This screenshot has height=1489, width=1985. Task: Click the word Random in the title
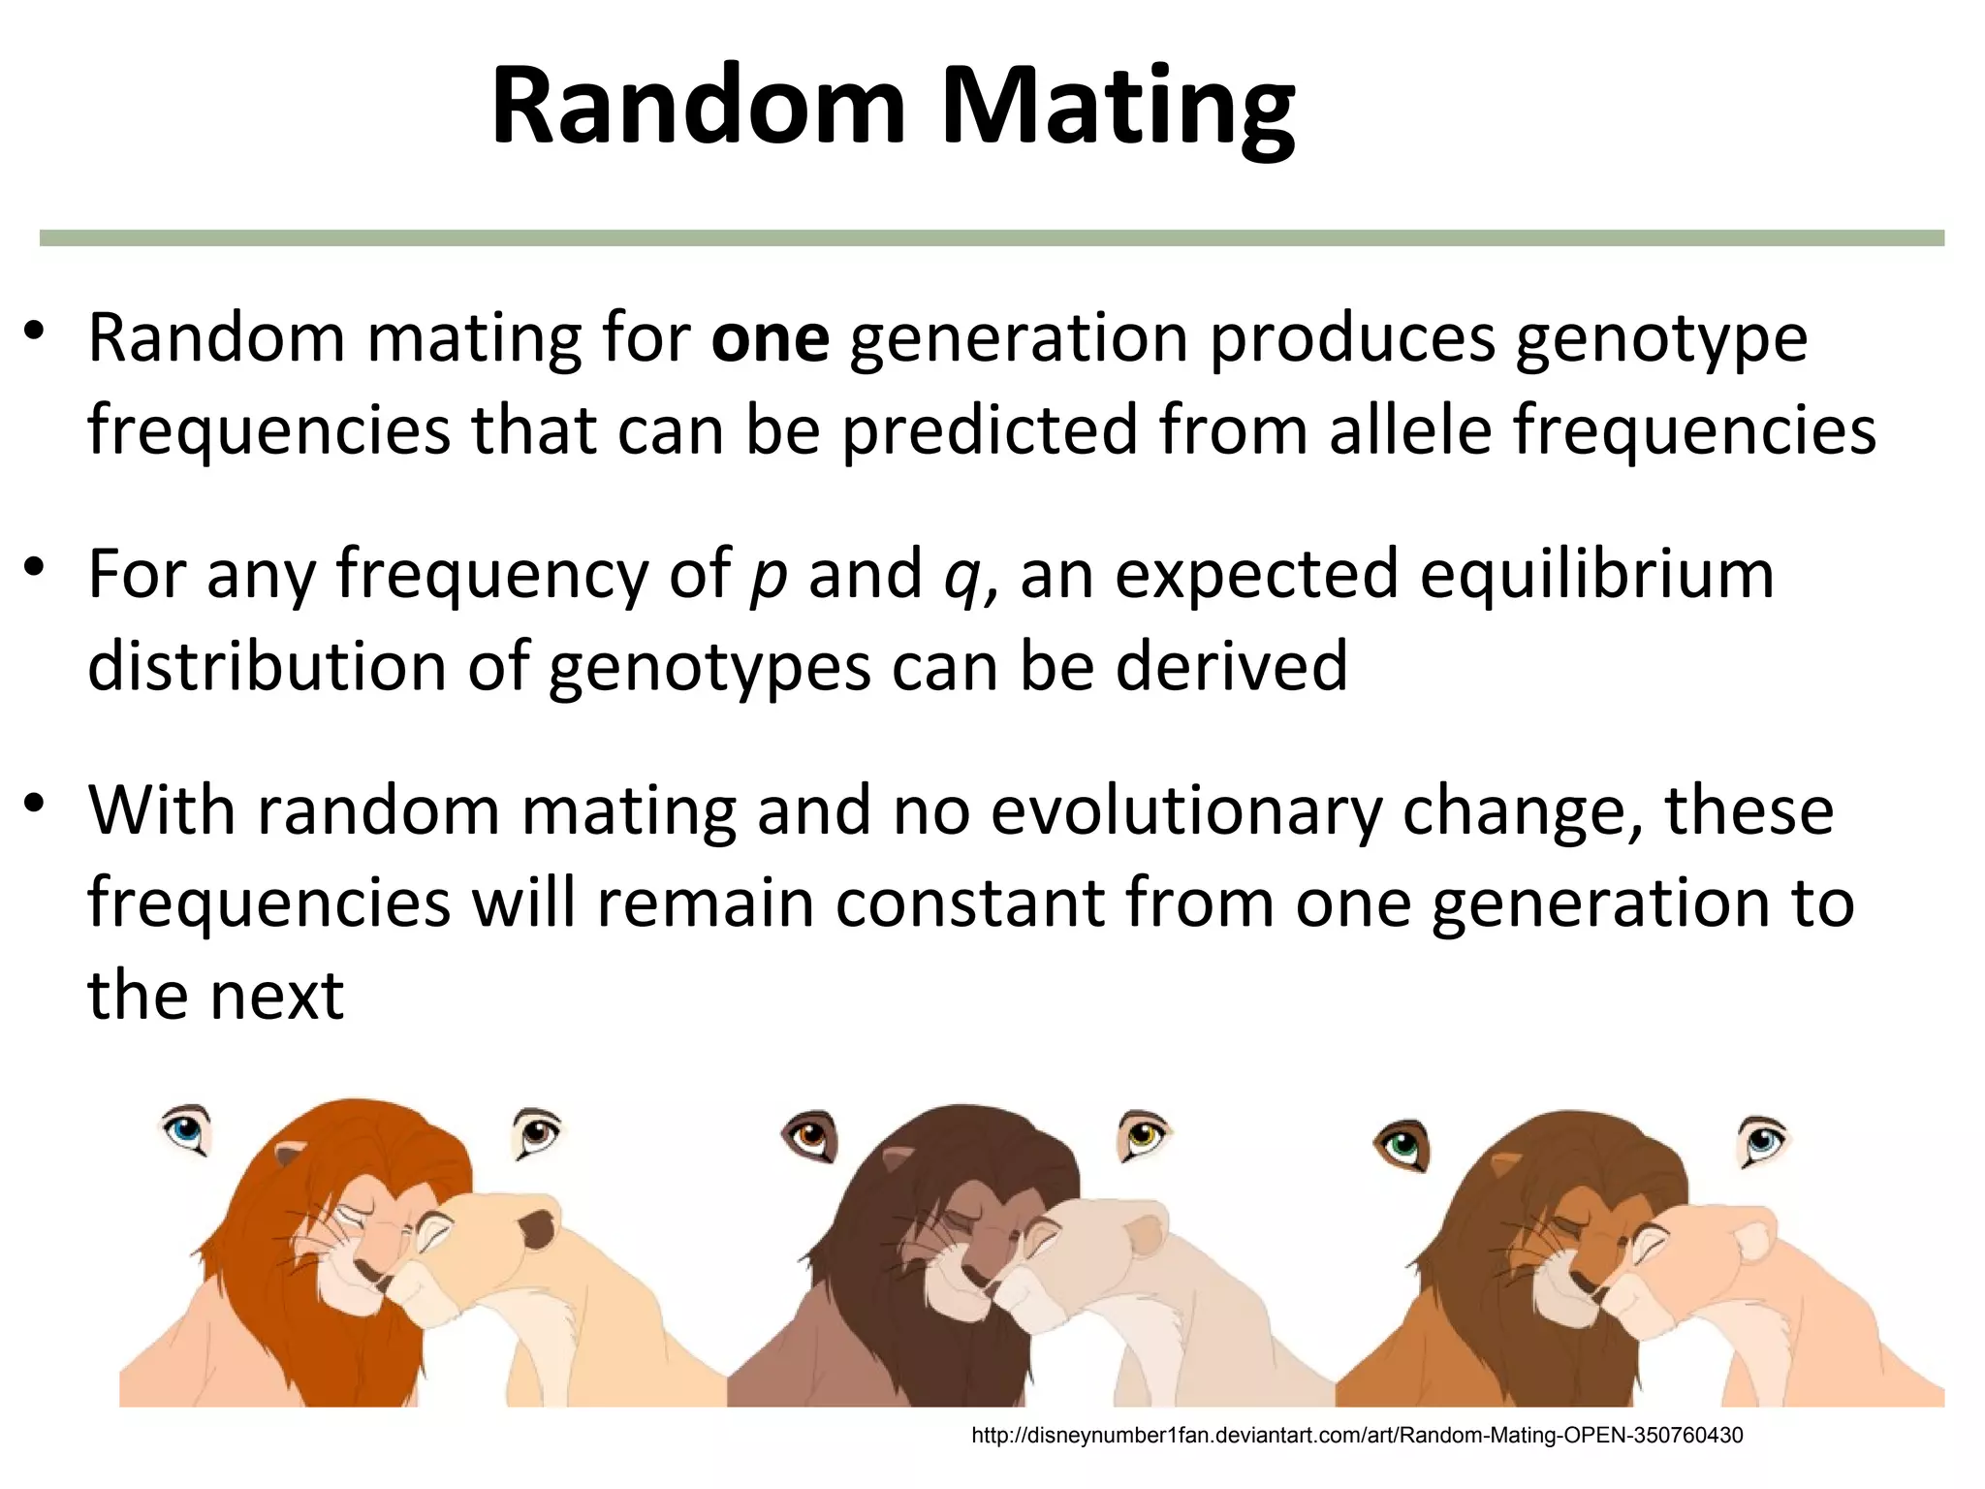point(698,105)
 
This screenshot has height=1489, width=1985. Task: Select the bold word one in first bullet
point(771,339)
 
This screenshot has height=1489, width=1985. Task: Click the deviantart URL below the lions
point(1357,1436)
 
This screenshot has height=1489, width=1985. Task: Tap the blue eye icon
point(185,1130)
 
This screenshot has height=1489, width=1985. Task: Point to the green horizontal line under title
point(992,238)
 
